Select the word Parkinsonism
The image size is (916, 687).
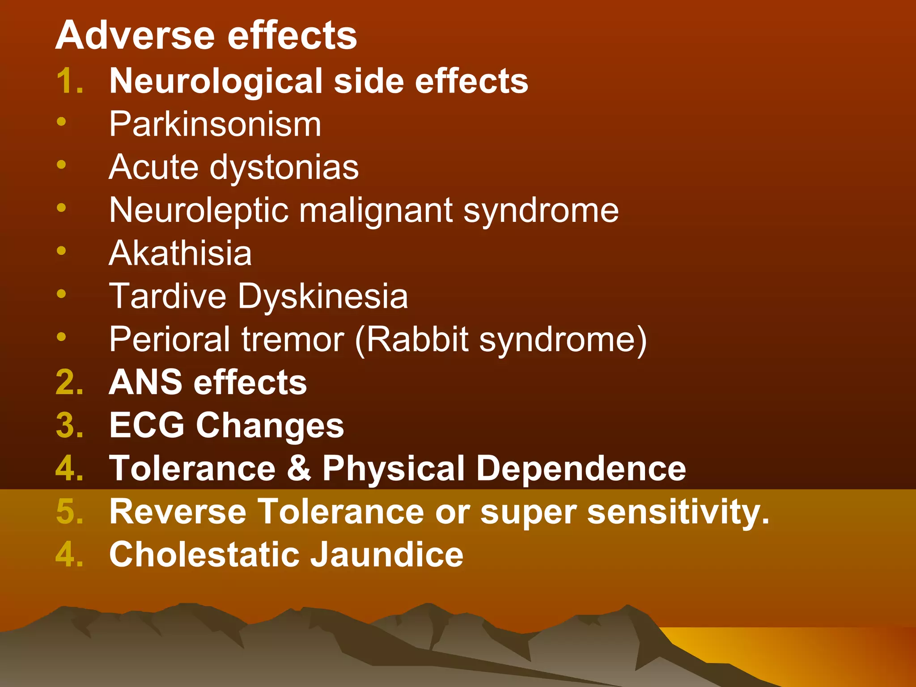point(215,124)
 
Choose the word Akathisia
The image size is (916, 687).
point(180,253)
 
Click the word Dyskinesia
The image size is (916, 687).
point(322,297)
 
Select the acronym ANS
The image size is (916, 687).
point(146,382)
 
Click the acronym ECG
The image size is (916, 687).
point(147,425)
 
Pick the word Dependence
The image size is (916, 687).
point(581,468)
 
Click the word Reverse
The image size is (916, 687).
point(178,511)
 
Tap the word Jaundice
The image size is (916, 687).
point(387,555)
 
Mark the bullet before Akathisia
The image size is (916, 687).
point(61,250)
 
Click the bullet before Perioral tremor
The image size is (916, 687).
point(61,336)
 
